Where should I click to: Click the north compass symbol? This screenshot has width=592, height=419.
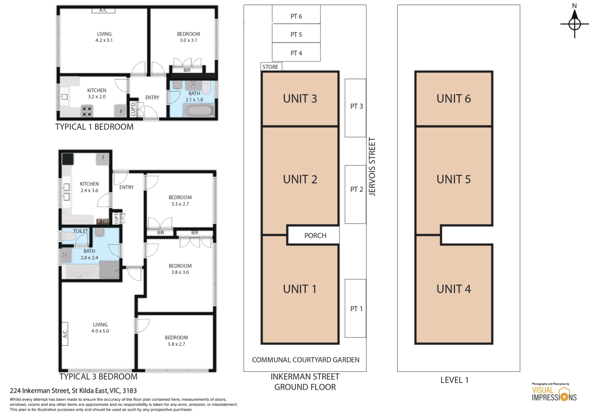coord(574,24)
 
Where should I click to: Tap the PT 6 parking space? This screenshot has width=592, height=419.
coord(296,14)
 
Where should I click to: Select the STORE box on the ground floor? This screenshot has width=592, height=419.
coord(271,66)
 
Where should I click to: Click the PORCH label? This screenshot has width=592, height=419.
coord(315,236)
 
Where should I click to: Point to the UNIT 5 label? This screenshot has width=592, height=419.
coord(453,179)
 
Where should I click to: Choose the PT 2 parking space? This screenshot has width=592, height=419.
coord(356,194)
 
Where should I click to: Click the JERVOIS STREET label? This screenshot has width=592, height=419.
coord(372,167)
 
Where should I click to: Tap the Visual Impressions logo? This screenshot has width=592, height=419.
coord(554,392)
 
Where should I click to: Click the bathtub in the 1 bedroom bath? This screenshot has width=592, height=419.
coord(200,110)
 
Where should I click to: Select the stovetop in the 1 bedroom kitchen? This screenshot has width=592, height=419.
coord(87,111)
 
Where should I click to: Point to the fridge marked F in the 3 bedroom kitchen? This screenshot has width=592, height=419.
coord(103,159)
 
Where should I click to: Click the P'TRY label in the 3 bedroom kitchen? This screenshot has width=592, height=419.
coord(103,222)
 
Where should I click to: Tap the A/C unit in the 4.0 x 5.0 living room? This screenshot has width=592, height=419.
coord(65,334)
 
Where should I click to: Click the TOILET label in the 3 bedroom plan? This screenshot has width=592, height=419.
coord(80,231)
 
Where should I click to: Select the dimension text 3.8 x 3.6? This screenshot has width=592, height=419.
coord(180,272)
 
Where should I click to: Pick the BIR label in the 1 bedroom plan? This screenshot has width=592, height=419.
coord(187,70)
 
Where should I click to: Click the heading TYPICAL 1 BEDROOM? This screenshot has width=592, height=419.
coord(94,127)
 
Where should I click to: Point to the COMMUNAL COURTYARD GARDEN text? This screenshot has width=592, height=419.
coord(305,360)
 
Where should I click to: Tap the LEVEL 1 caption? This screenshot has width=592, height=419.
coord(454,380)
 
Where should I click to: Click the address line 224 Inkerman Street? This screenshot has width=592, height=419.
coord(73,391)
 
